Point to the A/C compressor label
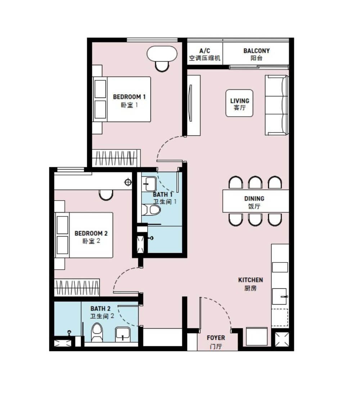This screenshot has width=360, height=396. point(204,54)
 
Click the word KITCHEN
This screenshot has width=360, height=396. point(251,280)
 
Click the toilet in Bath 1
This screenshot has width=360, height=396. point(151,210)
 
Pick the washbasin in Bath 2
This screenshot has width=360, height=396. point(123,335)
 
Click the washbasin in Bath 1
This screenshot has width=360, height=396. point(149,184)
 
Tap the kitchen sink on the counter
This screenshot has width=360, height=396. point(279,296)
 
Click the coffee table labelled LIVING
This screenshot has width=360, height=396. point(239,103)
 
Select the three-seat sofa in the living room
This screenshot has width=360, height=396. point(276,105)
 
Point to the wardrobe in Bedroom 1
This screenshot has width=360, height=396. point(116,158)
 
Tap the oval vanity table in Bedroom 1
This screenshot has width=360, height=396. point(162,54)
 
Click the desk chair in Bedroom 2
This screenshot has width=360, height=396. point(106,195)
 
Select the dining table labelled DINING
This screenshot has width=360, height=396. point(256,201)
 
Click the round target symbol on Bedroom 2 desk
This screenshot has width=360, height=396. point(128,182)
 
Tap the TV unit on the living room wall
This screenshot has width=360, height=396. point(194,105)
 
